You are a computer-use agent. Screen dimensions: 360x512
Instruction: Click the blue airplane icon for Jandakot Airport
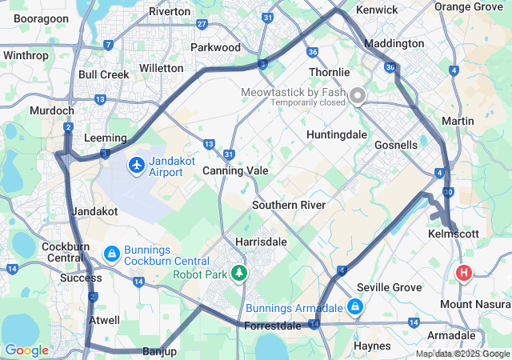[x=137, y=165]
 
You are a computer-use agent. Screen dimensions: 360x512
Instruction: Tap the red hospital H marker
[x=463, y=274]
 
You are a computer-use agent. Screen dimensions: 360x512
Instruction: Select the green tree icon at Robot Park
[x=238, y=274]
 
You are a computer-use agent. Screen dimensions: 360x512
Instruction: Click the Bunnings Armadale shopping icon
[x=354, y=306]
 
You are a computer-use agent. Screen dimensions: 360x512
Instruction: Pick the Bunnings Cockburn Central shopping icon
[x=112, y=254]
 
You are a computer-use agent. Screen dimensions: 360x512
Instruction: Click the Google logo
[x=26, y=350]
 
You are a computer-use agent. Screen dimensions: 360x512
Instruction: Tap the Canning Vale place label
[x=235, y=171]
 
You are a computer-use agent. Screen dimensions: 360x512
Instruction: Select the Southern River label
[x=288, y=206]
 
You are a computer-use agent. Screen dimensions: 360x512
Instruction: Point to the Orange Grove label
[x=468, y=6]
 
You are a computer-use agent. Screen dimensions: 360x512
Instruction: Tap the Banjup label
[x=159, y=352]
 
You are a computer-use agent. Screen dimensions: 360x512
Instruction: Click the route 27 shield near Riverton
[x=202, y=25]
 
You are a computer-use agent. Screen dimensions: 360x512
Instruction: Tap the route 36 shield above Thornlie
[x=312, y=52]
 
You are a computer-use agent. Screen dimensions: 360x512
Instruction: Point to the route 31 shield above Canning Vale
[x=230, y=154]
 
